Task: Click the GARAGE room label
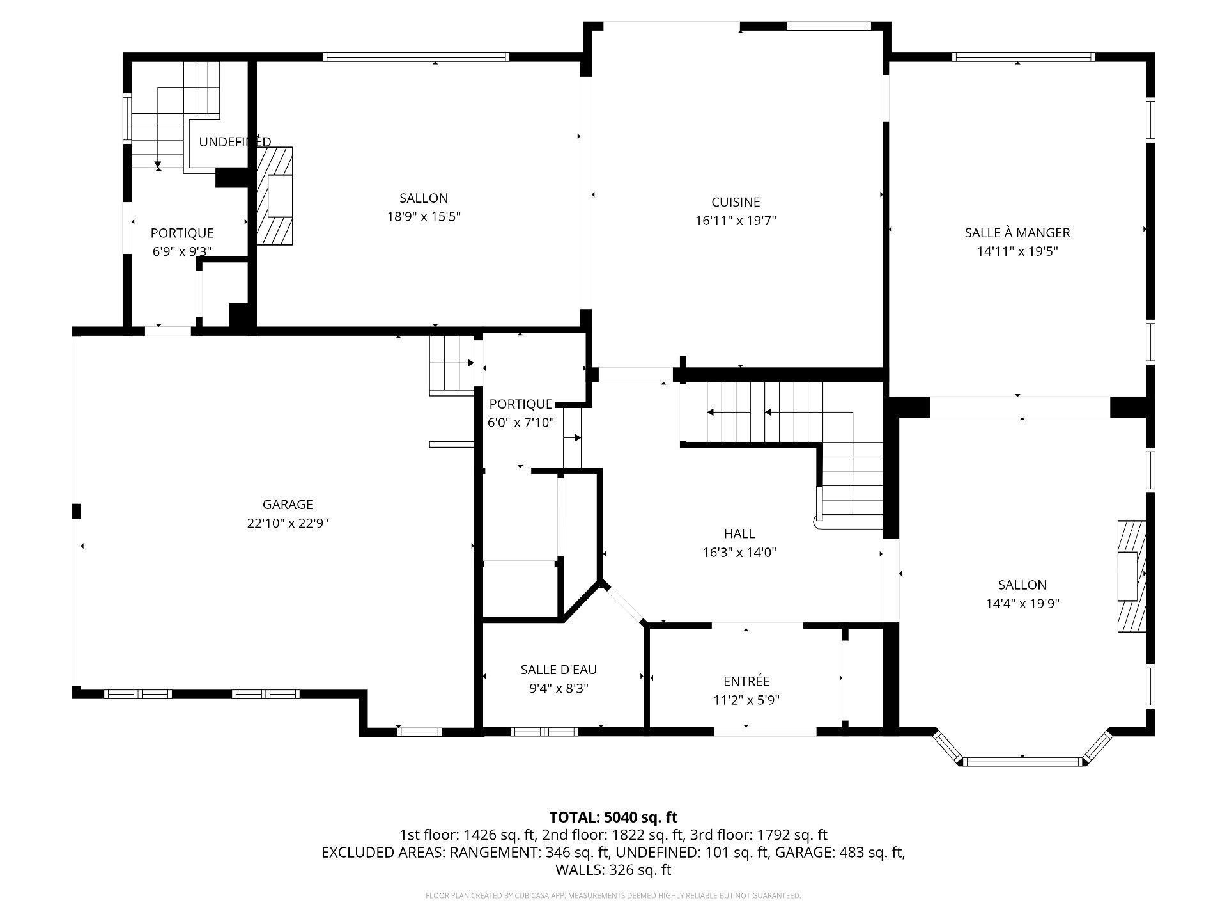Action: pyautogui.click(x=288, y=505)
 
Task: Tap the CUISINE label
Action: pyautogui.click(x=736, y=202)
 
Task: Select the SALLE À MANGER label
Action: pyautogui.click(x=1017, y=233)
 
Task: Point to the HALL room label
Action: pyautogui.click(x=739, y=533)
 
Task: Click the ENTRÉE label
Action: pyautogui.click(x=746, y=681)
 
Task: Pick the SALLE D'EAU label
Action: pyautogui.click(x=559, y=670)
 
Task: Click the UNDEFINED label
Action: pyautogui.click(x=235, y=142)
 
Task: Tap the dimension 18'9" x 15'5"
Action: pyautogui.click(x=424, y=217)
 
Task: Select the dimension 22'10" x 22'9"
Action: pyautogui.click(x=288, y=523)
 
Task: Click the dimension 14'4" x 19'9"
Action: pyautogui.click(x=1022, y=603)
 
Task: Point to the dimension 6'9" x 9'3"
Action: pyautogui.click(x=182, y=251)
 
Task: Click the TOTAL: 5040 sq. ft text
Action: pyautogui.click(x=613, y=817)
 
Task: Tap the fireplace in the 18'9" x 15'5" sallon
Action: pyautogui.click(x=275, y=196)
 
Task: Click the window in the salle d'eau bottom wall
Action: pyautogui.click(x=544, y=732)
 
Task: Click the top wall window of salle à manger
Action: pyautogui.click(x=1023, y=57)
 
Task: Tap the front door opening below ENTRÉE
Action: pyautogui.click(x=765, y=731)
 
